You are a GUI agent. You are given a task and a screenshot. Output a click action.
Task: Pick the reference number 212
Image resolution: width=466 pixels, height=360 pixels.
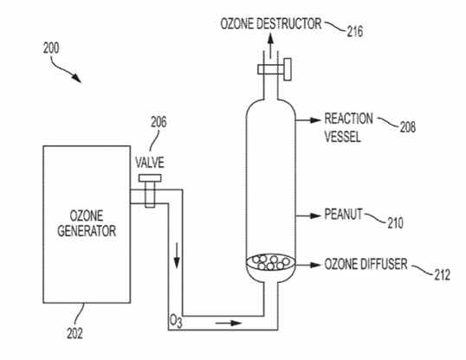[x=441, y=278]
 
